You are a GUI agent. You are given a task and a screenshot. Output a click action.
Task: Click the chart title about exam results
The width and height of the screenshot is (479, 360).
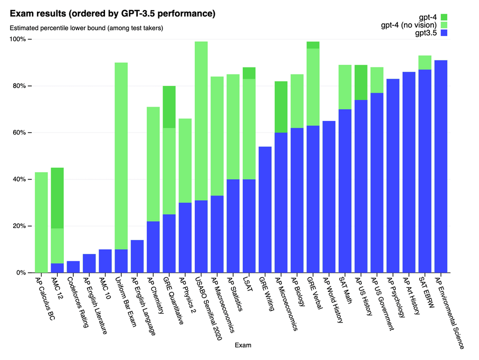[112, 13]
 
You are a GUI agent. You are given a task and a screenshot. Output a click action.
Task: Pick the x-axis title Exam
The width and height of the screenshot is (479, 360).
[243, 346]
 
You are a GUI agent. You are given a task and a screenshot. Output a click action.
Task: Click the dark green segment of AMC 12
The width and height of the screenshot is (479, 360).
[57, 198]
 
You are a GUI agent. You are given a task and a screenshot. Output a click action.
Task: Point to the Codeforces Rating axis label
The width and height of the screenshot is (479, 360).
[79, 301]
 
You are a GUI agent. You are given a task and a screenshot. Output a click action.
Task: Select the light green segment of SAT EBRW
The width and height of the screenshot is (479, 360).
[425, 62]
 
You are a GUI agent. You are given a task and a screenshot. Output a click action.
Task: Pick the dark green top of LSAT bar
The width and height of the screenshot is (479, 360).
[249, 73]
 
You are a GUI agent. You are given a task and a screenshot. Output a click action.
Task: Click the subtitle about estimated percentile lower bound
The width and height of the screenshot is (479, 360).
[86, 28]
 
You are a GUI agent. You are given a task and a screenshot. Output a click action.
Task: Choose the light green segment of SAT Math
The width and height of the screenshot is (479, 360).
[345, 87]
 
